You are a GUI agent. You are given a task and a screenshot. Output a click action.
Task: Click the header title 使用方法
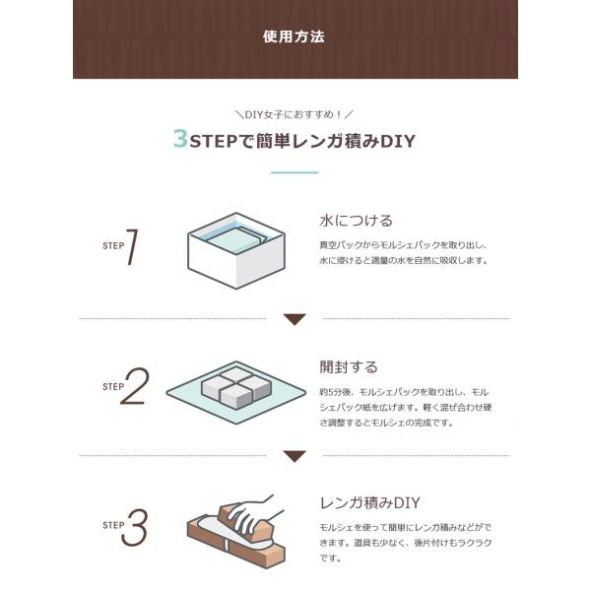(294, 36)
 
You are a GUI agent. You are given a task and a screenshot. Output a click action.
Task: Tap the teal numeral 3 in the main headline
(180, 138)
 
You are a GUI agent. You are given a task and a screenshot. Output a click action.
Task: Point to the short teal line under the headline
(295, 172)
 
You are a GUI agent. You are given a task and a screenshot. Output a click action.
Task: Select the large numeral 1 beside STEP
(132, 247)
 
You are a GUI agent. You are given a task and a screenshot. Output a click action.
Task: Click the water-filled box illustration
(236, 250)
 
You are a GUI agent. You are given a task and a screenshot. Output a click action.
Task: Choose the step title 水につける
(356, 221)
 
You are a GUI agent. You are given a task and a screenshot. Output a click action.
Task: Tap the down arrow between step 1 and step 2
(295, 319)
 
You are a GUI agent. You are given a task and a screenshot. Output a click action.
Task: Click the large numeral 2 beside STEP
(135, 386)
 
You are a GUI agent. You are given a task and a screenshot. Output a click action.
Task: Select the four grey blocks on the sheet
(236, 388)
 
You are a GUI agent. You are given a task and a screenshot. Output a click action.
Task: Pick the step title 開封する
(349, 366)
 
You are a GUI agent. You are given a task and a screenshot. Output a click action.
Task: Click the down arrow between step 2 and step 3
(295, 456)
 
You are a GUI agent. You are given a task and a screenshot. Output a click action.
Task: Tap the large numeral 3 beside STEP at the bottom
(135, 527)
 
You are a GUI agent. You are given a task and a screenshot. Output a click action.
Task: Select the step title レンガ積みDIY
(369, 502)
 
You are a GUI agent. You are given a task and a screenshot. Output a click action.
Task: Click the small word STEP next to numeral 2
(113, 387)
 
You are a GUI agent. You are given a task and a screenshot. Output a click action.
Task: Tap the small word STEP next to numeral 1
(113, 245)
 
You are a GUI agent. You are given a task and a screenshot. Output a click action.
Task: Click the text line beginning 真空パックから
(403, 245)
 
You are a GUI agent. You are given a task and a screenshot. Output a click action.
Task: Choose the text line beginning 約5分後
(404, 392)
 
